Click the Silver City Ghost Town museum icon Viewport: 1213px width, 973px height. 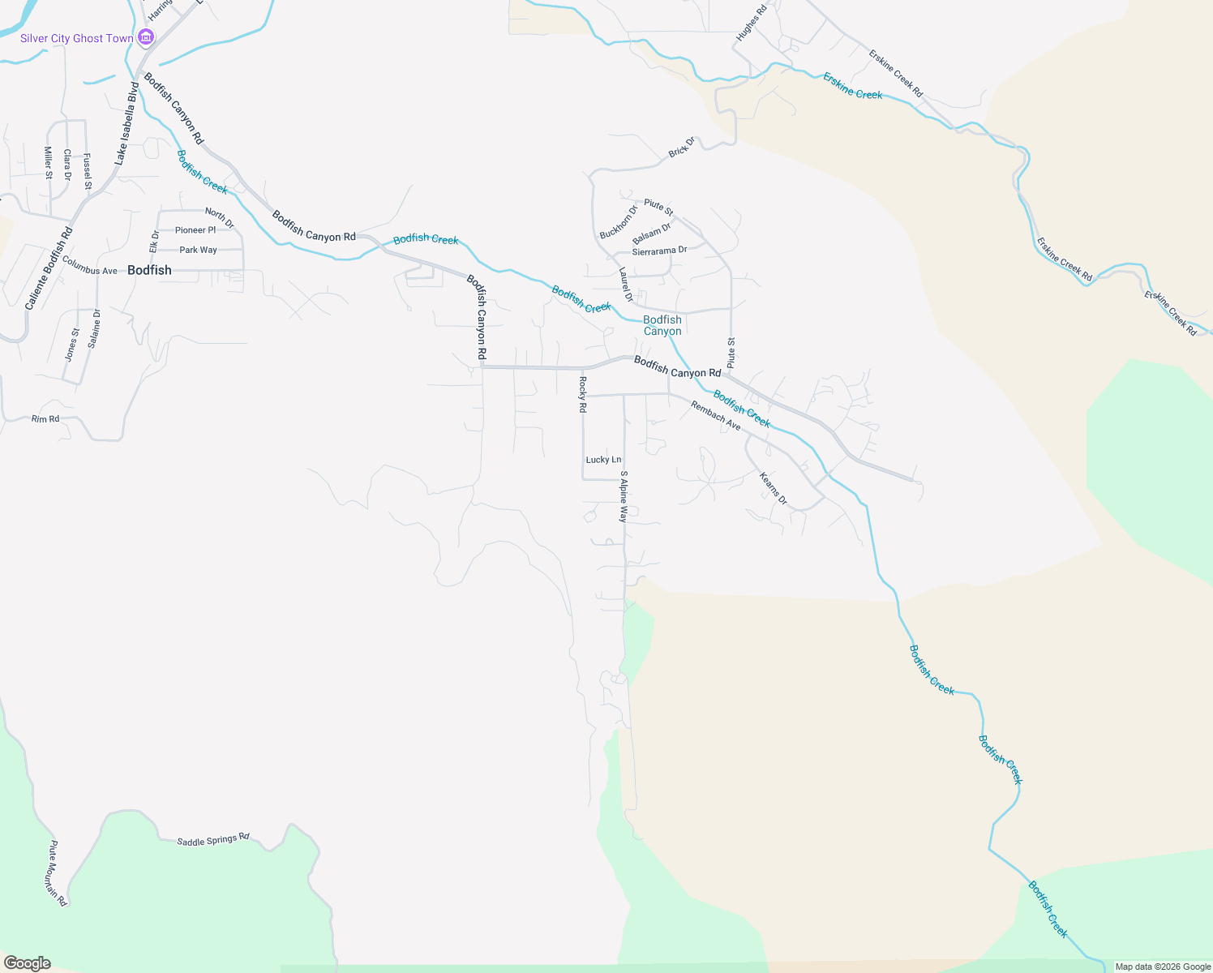click(146, 37)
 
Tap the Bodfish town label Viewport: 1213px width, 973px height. click(149, 270)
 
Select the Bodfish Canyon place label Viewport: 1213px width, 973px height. click(662, 325)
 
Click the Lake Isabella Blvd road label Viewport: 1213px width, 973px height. click(127, 123)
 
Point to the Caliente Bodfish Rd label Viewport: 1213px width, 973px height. click(49, 268)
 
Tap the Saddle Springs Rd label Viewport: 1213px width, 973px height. click(213, 840)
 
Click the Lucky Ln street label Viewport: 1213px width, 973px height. click(603, 460)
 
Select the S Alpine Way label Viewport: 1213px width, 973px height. click(624, 496)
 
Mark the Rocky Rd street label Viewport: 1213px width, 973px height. click(582, 395)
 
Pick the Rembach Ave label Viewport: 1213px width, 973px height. click(716, 415)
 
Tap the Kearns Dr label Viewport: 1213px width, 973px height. click(774, 489)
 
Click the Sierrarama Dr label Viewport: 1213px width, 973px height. click(659, 251)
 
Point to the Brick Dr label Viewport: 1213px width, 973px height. click(682, 148)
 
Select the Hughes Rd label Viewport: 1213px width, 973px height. click(751, 24)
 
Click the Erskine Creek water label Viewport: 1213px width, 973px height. click(853, 86)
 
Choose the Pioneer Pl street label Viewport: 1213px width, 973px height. click(195, 230)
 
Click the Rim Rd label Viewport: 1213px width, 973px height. click(45, 419)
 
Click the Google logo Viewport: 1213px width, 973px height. click(28, 963)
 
